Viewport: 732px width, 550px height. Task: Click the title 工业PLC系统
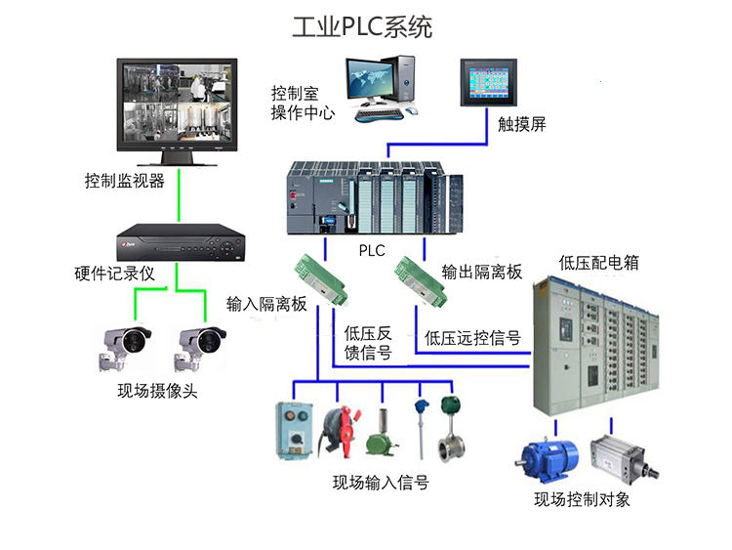pyautogui.click(x=367, y=25)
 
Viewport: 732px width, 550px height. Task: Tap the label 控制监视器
pyautogui.click(x=124, y=181)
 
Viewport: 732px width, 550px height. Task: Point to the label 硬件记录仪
pyautogui.click(x=115, y=274)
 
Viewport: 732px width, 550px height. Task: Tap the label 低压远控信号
pyautogui.click(x=472, y=339)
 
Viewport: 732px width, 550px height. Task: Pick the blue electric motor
pyautogui.click(x=548, y=459)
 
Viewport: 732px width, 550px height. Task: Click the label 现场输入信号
pyautogui.click(x=381, y=482)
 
